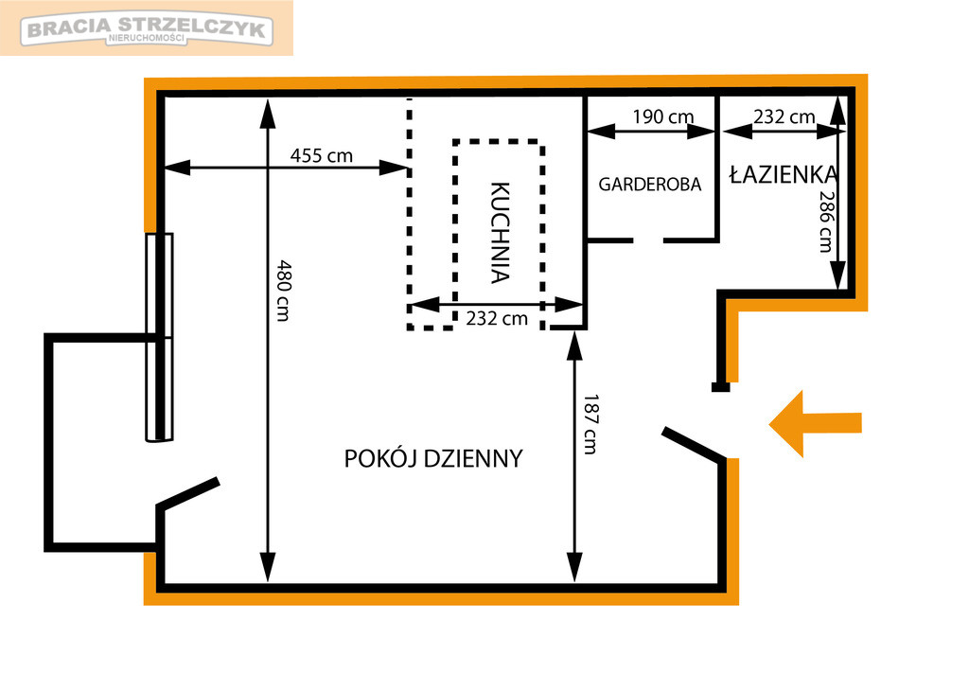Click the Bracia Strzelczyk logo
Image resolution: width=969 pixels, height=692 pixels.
coord(147,29)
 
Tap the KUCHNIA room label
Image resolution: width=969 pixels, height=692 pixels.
coord(500,233)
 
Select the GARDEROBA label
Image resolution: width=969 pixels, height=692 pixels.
coord(649,185)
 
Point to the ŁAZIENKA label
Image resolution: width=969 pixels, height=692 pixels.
coord(784,174)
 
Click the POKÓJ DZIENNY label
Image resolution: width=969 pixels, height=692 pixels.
coord(433,459)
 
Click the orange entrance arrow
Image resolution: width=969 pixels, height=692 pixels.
coord(815,423)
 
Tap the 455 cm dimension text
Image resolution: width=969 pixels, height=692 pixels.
coord(322,155)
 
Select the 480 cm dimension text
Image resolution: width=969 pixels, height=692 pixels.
coord(283,291)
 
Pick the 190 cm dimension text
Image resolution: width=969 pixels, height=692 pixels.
coord(663,116)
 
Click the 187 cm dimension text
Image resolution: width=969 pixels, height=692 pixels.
coord(590,424)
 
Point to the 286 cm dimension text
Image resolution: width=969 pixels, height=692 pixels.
coord(826,222)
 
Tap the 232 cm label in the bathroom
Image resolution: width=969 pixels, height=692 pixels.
coord(784,116)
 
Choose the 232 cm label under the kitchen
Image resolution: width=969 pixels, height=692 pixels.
coord(497,318)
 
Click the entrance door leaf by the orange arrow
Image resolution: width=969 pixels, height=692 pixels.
coord(694,444)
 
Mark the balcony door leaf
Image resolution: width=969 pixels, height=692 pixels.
coord(188,493)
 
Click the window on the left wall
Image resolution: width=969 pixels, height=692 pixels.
coord(159,337)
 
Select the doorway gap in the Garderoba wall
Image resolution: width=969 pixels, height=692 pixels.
coord(648,240)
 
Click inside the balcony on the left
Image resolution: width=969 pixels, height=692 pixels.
coord(102,442)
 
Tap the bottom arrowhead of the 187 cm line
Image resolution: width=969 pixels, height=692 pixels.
coord(574,567)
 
